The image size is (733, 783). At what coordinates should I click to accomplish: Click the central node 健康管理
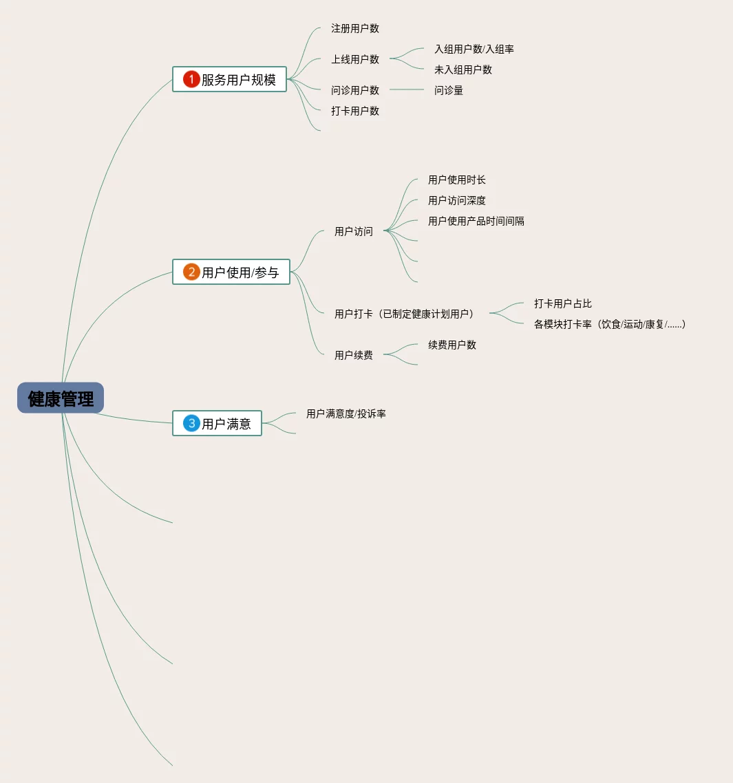61,398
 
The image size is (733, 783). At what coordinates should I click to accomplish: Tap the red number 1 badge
191,79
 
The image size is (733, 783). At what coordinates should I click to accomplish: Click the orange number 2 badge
191,272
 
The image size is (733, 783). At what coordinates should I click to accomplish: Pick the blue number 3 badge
191,423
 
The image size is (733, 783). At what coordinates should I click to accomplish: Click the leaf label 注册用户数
354,28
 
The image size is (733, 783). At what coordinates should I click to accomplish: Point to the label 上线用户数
354,59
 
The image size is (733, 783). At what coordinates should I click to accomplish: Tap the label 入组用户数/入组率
474,49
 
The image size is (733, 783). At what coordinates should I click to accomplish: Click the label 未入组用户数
463,69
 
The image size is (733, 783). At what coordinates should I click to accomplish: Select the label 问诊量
448,90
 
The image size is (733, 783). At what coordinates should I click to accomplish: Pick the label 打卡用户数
354,111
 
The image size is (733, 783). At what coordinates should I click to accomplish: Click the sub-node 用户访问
353,231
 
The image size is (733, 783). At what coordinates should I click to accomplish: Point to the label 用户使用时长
456,180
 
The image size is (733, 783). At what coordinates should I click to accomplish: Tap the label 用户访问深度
456,200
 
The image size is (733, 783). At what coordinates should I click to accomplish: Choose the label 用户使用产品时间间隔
476,221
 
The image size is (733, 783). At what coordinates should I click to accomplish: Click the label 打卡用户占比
562,303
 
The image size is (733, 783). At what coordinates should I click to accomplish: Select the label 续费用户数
452,345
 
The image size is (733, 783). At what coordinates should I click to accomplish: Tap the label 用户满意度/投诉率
346,414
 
